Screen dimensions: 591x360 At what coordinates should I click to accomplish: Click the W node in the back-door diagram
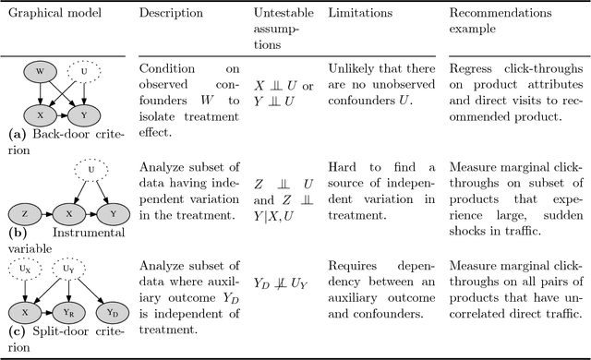tap(40, 71)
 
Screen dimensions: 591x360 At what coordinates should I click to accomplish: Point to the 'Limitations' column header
tap(358, 14)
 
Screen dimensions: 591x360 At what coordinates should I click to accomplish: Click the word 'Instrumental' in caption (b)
tap(88, 234)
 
